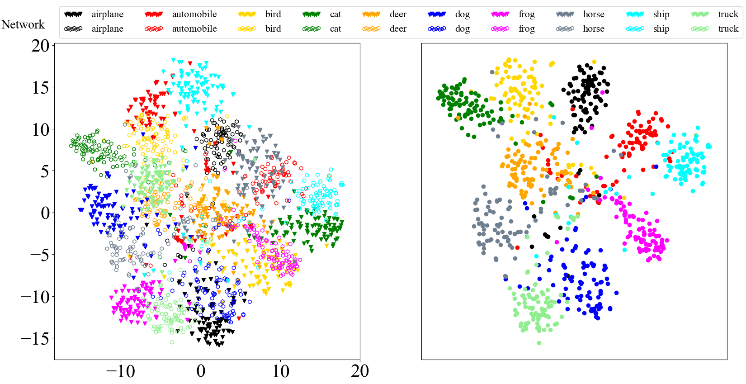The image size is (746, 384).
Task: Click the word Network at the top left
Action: click(23, 24)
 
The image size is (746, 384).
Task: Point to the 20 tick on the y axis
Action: click(40, 45)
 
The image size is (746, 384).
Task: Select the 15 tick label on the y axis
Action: click(40, 87)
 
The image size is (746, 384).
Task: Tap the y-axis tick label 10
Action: click(40, 129)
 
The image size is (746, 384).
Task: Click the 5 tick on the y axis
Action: click(45, 171)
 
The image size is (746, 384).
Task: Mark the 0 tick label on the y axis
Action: click(45, 213)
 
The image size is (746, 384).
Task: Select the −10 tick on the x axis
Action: click(120, 371)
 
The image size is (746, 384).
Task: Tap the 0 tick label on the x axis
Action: click(201, 371)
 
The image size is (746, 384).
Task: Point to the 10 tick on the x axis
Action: click(280, 371)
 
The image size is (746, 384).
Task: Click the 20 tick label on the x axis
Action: click(360, 371)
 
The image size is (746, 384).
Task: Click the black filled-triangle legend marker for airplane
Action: click(73, 14)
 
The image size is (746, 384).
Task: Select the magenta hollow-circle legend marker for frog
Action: click(500, 29)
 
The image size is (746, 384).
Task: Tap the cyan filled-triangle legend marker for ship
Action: click(635, 14)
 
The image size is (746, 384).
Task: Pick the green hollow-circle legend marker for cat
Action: click(312, 29)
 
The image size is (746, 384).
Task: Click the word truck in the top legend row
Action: click(728, 14)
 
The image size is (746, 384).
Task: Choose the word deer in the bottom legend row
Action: click(398, 29)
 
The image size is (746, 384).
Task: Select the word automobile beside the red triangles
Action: click(194, 14)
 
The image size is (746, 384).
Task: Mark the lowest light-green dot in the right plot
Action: click(539, 343)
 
